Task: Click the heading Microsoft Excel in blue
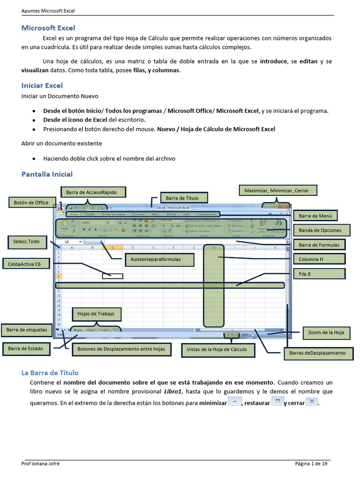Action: tap(48, 28)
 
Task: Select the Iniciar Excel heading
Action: tap(42, 86)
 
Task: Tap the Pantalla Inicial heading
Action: tap(47, 174)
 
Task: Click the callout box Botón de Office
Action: tap(31, 202)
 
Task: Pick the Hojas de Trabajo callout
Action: tap(96, 314)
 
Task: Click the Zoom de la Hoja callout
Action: tap(326, 332)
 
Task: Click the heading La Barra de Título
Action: tap(50, 373)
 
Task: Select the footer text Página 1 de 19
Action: tap(311, 464)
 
